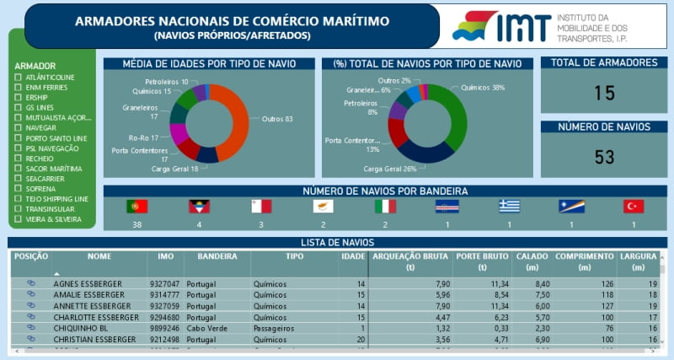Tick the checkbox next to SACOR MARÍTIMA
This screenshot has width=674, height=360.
[19, 169]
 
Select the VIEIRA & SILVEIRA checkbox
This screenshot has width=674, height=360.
[19, 219]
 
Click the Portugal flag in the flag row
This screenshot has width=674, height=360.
[136, 207]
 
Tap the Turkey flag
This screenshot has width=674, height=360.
[634, 207]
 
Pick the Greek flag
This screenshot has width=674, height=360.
[509, 207]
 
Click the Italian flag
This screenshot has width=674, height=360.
[385, 207]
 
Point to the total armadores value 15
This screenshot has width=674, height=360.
[604, 93]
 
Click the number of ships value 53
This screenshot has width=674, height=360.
[604, 157]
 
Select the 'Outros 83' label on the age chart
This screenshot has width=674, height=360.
[277, 119]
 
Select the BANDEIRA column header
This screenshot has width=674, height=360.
[217, 256]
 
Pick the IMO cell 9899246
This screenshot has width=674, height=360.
[165, 329]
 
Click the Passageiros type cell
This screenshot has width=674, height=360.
[275, 329]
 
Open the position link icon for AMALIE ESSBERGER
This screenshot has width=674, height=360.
[31, 295]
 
